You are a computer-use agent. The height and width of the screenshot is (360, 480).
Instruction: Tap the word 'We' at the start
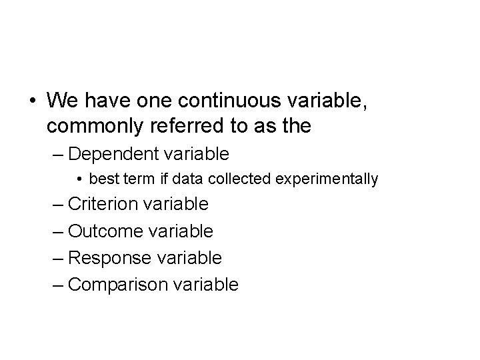click(63, 101)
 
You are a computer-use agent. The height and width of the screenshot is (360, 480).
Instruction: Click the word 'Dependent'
click(113, 154)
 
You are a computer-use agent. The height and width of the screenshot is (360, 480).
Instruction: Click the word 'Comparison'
click(119, 285)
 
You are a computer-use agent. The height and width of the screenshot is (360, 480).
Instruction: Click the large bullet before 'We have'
click(33, 102)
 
